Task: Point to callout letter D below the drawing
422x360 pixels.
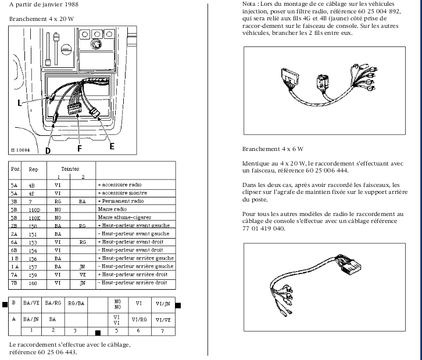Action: click(x=48, y=150)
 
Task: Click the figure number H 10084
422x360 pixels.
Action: click(x=22, y=150)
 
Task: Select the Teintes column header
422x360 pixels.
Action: click(x=70, y=167)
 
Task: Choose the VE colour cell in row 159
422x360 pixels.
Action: click(x=83, y=274)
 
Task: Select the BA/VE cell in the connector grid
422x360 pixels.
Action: click(x=31, y=303)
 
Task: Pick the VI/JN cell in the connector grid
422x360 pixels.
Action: click(x=162, y=303)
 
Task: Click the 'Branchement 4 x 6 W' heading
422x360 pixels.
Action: click(x=273, y=149)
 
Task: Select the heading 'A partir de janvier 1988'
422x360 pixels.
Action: click(x=45, y=4)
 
